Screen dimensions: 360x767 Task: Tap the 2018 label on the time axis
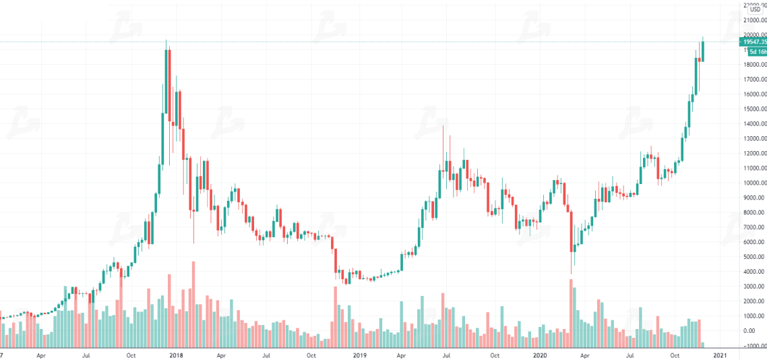click(x=177, y=355)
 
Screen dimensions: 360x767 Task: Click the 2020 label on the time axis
click(x=539, y=355)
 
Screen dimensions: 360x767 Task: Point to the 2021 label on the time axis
click(x=720, y=355)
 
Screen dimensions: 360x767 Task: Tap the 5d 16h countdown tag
click(x=757, y=51)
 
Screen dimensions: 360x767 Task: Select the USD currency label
click(x=755, y=9)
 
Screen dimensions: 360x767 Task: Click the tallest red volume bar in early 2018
click(x=193, y=303)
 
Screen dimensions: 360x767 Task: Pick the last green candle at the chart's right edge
click(x=703, y=51)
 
